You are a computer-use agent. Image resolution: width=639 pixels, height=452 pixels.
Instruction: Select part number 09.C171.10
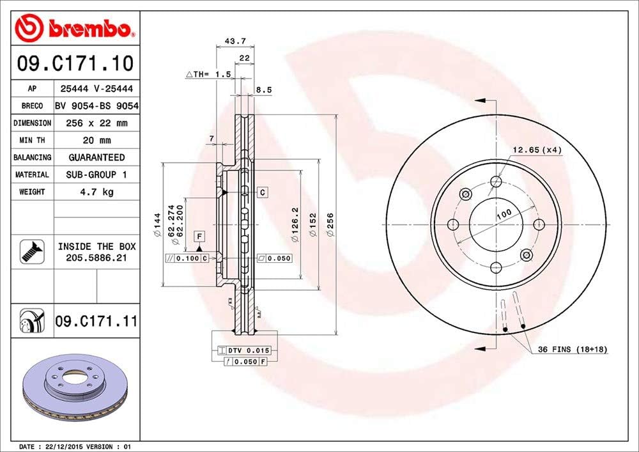[x=75, y=64]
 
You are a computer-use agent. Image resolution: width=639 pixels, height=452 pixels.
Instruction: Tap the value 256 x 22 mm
[x=97, y=123]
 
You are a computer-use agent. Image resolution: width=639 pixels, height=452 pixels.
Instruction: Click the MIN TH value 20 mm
[x=97, y=140]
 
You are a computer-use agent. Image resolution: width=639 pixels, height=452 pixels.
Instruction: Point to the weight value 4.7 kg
[x=97, y=192]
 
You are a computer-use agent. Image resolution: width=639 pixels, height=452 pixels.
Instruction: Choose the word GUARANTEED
[x=97, y=157]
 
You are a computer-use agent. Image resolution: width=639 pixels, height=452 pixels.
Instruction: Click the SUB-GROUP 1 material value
[x=97, y=175]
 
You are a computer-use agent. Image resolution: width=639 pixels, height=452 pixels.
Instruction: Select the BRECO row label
[x=31, y=106]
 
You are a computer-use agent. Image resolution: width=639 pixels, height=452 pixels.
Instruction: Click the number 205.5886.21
[x=95, y=257]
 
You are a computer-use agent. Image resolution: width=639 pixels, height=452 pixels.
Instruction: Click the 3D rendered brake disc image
[x=75, y=386]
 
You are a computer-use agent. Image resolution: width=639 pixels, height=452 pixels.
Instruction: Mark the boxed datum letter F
[x=200, y=237]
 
